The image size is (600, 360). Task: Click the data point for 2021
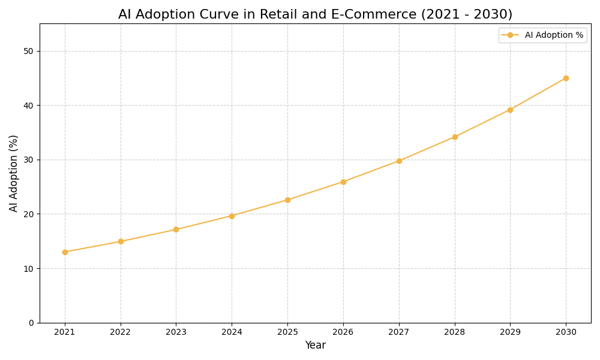(x=65, y=252)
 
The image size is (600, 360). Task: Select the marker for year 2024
(x=232, y=216)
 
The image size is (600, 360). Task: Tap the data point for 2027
(x=399, y=161)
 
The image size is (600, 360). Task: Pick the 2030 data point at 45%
(x=566, y=78)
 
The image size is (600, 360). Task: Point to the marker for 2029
(x=510, y=110)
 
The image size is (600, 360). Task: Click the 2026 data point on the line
(x=343, y=182)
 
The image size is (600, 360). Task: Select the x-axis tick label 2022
(x=121, y=332)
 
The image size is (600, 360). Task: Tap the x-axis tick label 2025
(x=287, y=332)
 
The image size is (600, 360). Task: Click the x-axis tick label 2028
(x=455, y=332)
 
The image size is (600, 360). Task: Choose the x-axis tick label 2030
(x=566, y=332)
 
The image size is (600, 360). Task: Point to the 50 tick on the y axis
(x=29, y=51)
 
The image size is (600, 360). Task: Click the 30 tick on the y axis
(x=29, y=160)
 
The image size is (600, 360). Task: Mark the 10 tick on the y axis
(x=29, y=268)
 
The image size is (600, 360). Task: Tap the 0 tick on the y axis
(x=31, y=323)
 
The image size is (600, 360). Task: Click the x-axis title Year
(x=315, y=346)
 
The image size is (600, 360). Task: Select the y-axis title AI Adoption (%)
(x=14, y=173)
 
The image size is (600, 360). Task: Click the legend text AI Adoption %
(x=554, y=35)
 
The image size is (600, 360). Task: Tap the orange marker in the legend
(x=510, y=35)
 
